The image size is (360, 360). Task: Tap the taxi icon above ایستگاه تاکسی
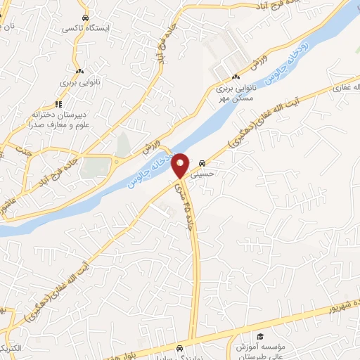click(x=84, y=18)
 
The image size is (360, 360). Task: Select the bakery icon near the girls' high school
click(x=79, y=71)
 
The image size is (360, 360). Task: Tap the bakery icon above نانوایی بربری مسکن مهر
click(x=236, y=77)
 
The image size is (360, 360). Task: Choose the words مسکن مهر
click(x=235, y=100)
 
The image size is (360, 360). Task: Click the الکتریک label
click(x=13, y=349)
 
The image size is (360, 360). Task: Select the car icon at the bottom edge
click(x=180, y=347)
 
